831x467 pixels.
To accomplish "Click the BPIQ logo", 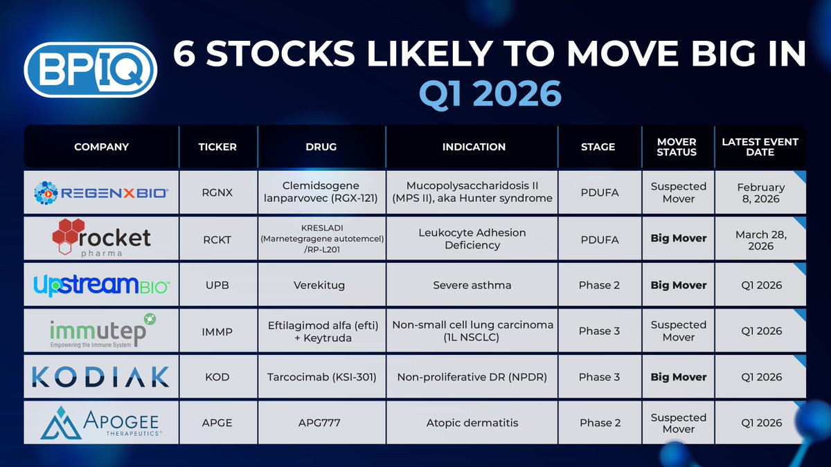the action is click(x=91, y=70).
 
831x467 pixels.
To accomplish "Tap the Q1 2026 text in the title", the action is click(x=490, y=93).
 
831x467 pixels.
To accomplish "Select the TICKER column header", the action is click(x=217, y=147).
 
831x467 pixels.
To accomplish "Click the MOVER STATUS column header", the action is click(x=677, y=147).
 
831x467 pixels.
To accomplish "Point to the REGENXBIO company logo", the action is click(x=101, y=193).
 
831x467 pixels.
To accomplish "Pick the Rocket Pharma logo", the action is click(x=101, y=237).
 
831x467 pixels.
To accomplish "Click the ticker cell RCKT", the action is click(x=217, y=239).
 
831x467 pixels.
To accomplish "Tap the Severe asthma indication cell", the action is click(x=472, y=285).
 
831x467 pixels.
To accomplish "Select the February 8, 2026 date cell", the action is click(x=760, y=193).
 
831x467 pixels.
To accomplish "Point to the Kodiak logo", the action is click(x=100, y=376).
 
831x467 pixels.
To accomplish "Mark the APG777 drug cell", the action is click(x=319, y=423).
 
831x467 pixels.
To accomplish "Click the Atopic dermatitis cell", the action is click(x=472, y=423).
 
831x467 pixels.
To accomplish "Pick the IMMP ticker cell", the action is click(x=217, y=331).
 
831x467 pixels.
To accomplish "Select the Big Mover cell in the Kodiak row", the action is click(x=679, y=377).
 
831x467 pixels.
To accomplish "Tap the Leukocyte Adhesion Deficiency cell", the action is click(x=472, y=239).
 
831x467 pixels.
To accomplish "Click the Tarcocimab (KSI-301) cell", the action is click(x=321, y=377).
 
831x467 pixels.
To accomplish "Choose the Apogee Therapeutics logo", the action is click(x=101, y=423).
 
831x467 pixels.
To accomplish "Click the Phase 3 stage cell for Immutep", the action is click(x=599, y=331).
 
